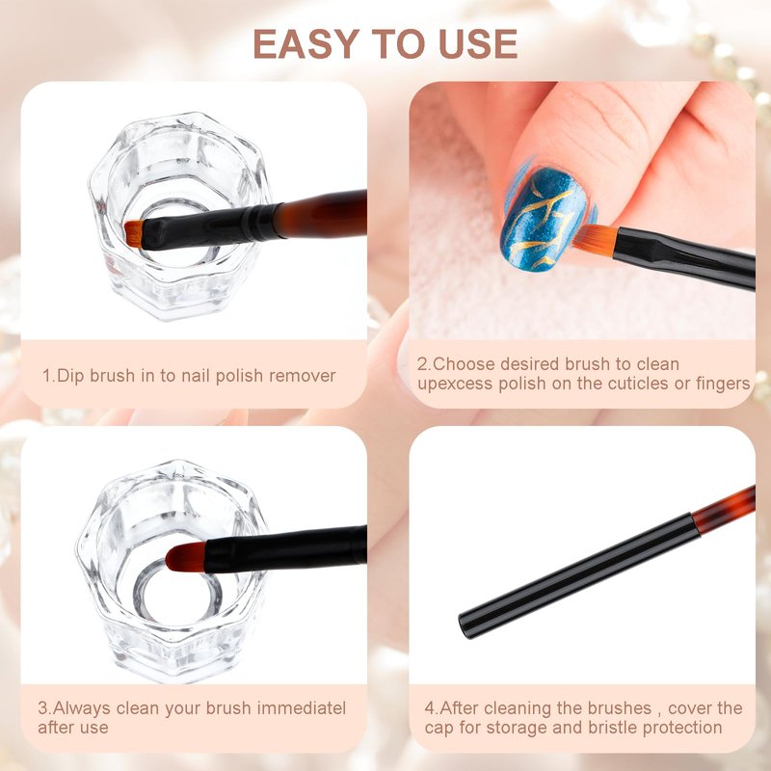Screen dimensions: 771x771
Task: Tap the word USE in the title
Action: [478, 43]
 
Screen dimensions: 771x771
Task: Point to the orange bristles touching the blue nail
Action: [595, 239]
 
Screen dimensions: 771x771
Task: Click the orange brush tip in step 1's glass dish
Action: [133, 232]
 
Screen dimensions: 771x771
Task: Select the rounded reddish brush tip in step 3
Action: [185, 558]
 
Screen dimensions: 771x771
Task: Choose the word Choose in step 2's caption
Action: [465, 364]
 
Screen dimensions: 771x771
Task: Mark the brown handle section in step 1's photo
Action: [321, 214]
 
